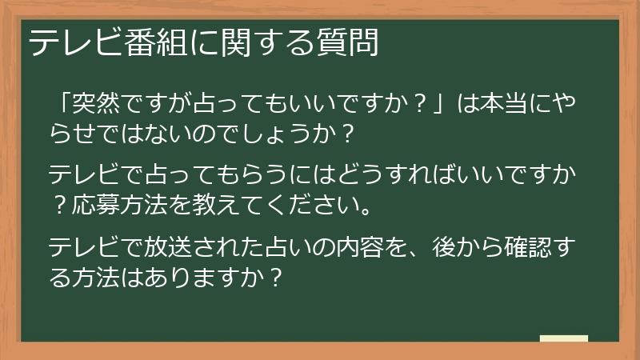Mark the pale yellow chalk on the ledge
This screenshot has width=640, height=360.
[x=564, y=338]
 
